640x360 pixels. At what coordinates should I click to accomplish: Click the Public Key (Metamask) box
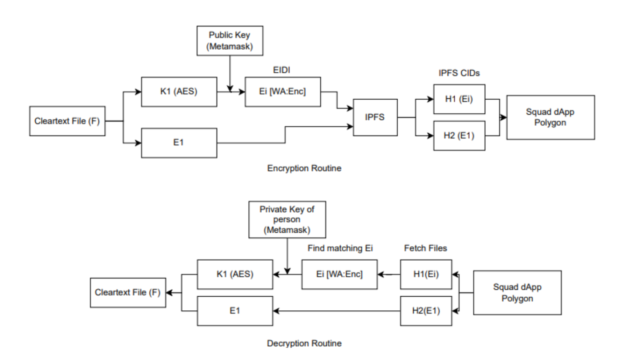coord(230,41)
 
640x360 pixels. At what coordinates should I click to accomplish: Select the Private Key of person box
coord(287,219)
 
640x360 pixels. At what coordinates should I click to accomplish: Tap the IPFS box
coord(375,117)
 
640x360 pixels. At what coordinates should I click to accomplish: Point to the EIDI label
coord(282,70)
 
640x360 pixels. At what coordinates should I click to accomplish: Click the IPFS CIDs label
coord(459,73)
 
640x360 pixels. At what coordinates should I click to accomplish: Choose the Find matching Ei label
coord(340,248)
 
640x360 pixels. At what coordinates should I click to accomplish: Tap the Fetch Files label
coord(425,248)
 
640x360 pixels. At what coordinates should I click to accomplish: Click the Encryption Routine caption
coord(304,168)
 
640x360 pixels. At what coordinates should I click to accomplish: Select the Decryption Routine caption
coord(304,343)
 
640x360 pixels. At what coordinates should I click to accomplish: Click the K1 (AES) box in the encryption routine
coord(179,92)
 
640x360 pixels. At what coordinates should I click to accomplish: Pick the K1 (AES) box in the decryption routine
coord(235,274)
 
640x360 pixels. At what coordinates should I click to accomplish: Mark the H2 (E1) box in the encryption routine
coord(459,136)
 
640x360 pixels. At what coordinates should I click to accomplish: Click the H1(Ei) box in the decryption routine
coord(426,274)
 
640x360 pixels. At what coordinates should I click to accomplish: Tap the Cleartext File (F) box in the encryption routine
coord(67,121)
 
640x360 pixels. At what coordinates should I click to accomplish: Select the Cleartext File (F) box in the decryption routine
coord(128,292)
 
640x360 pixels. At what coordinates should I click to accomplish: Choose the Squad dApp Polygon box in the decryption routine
coord(517,292)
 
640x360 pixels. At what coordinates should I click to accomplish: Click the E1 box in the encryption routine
coord(179,143)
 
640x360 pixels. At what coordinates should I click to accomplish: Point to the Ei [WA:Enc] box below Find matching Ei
coord(339,274)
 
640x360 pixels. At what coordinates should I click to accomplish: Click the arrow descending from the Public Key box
coord(230,73)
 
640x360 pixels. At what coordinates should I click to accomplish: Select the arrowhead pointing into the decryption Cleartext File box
coord(169,292)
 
